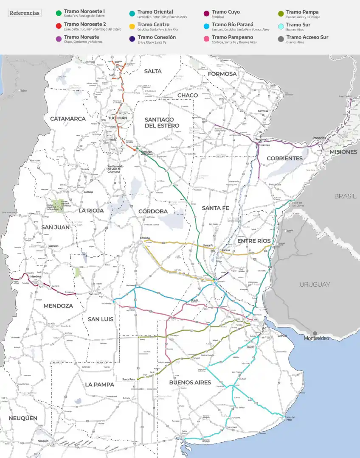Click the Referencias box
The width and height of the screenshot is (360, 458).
coord(25,13)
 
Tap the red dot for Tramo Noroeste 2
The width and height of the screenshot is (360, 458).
coord(59,26)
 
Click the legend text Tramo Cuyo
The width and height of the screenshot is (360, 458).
coord(225,12)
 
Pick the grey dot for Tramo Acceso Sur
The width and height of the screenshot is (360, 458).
coord(281,39)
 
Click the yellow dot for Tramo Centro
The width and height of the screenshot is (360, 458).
coord(132,26)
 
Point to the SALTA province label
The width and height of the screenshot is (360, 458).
coord(153,71)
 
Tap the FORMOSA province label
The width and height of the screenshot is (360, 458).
coord(222,74)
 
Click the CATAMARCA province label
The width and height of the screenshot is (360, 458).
coord(68,119)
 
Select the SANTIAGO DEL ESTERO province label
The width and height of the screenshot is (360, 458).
coord(162,123)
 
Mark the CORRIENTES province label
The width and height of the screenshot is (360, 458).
coord(284,158)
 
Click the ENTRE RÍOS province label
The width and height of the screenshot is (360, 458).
coord(254,240)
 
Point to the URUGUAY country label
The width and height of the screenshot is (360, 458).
coord(315,284)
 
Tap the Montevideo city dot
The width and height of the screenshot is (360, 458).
coord(315,333)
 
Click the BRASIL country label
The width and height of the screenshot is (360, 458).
coord(345,196)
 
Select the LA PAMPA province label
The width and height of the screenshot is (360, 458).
coord(99,384)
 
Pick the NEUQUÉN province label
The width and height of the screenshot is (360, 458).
coord(23,418)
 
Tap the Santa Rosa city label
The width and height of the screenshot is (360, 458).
coord(129,379)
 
